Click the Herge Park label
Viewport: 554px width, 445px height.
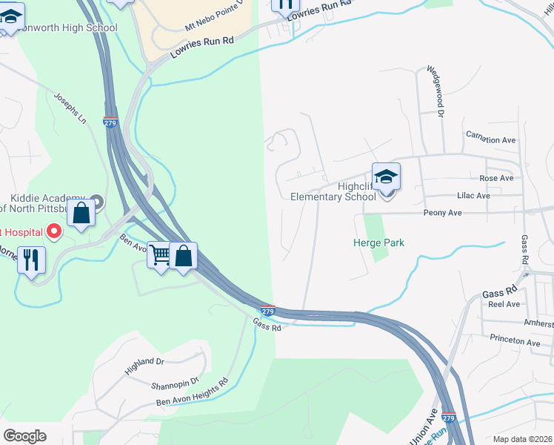click(378, 243)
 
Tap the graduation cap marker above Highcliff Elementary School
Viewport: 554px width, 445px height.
click(386, 178)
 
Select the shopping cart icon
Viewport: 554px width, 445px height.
click(161, 257)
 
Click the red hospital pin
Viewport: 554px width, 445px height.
click(53, 232)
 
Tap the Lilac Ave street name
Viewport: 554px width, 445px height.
click(473, 196)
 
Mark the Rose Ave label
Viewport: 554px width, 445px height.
click(496, 178)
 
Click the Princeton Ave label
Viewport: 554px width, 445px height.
click(515, 342)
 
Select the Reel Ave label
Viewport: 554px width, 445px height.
click(504, 304)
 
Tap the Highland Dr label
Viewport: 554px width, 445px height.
click(144, 366)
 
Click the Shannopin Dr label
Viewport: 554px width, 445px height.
click(176, 381)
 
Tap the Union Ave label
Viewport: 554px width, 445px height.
click(423, 421)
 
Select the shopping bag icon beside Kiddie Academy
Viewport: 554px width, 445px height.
click(81, 212)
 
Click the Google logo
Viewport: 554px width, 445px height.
click(24, 436)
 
